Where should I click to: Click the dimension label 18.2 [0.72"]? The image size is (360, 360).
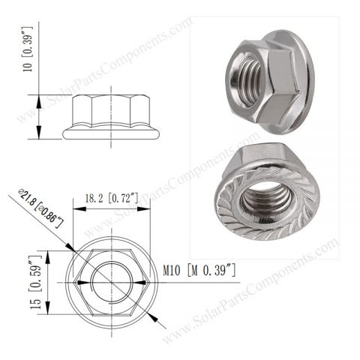pos(111,199)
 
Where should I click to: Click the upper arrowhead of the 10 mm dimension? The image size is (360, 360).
pos(37,97)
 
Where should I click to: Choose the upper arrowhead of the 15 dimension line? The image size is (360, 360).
pos(46,252)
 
